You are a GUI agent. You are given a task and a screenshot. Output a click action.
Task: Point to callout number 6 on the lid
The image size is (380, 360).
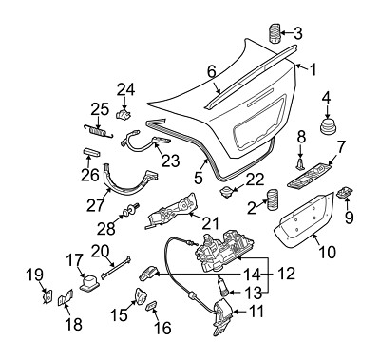pyautogui.click(x=212, y=70)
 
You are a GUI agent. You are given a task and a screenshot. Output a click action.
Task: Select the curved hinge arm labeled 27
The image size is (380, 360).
pyautogui.click(x=128, y=187)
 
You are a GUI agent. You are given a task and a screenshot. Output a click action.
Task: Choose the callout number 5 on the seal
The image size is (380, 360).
pyautogui.click(x=199, y=176)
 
